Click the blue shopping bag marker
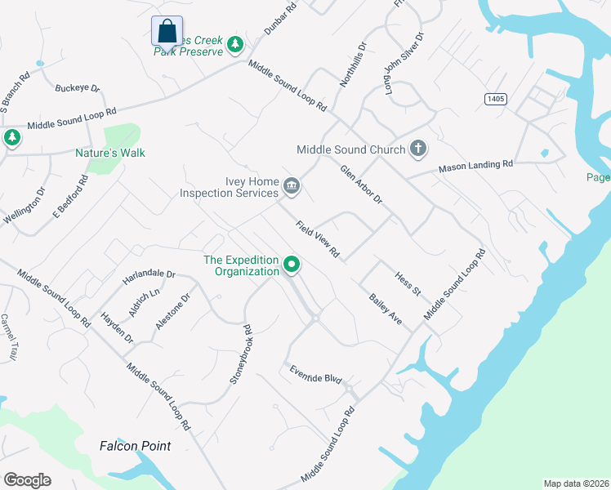point(167,32)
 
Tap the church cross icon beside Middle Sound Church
point(417,148)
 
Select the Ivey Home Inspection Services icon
point(292,188)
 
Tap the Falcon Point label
point(136,446)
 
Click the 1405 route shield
point(495,99)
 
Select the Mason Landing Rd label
point(475,165)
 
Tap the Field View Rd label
point(318,239)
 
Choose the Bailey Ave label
point(386,309)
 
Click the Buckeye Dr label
point(77,88)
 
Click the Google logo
point(27,480)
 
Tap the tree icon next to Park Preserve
point(235,44)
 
